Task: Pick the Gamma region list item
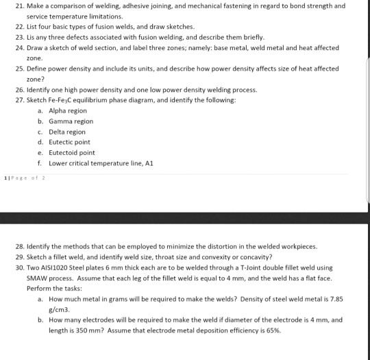click(x=69, y=121)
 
